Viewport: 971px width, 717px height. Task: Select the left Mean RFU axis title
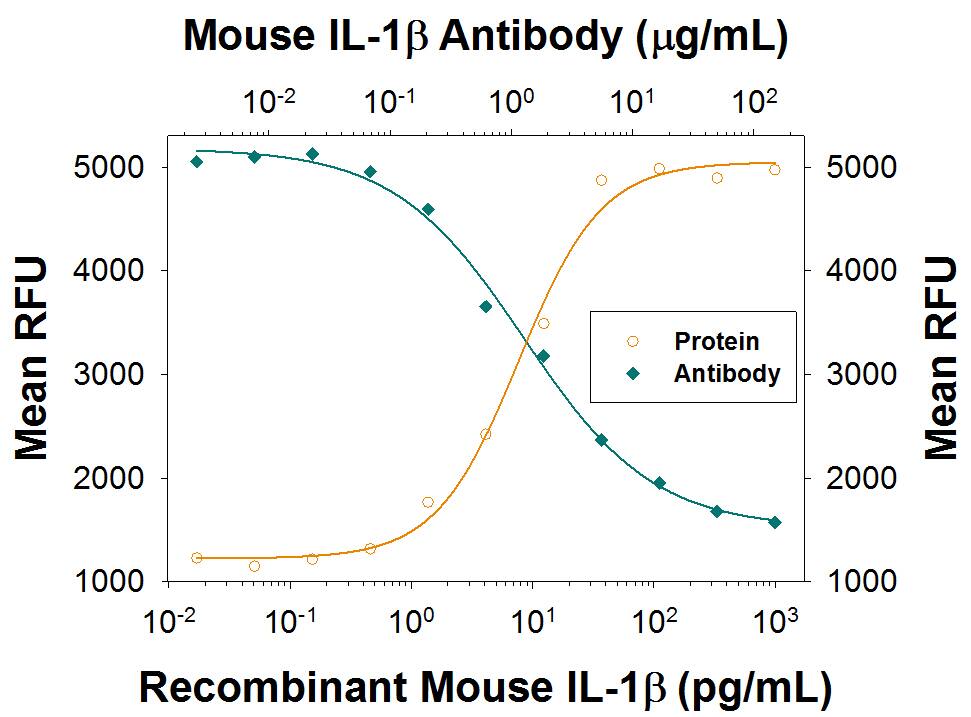pos(32,358)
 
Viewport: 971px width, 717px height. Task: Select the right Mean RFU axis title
pos(940,358)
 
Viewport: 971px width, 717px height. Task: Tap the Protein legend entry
pos(716,341)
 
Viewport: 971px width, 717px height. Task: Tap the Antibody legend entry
pos(726,374)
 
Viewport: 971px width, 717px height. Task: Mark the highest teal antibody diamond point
pos(312,154)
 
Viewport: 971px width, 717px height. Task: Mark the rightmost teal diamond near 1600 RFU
pos(774,522)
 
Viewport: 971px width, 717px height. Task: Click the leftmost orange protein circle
pos(196,558)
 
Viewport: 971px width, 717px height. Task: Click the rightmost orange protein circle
pos(774,170)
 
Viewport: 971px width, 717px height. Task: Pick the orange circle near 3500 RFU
pos(543,323)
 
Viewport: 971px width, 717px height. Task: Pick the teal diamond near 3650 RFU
pos(485,306)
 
